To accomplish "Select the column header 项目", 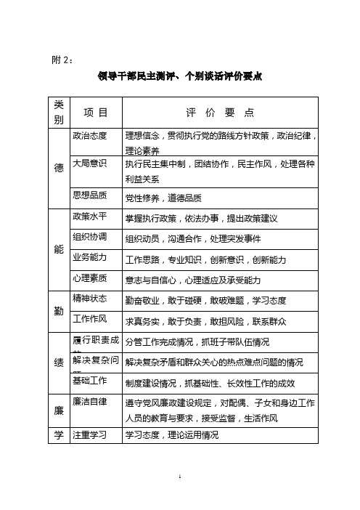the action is pos(95,113).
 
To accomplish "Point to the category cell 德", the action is pos(58,168).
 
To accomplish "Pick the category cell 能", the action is pos(58,248).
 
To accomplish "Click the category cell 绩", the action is pos(58,362).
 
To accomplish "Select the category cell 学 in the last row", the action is pos(58,436).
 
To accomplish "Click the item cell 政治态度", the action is pos(90,135).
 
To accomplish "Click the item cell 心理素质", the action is pos(90,278).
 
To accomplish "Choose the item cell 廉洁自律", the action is pos(90,402).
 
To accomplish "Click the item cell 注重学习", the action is pos(90,434).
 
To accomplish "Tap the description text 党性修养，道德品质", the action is pos(163,198).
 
